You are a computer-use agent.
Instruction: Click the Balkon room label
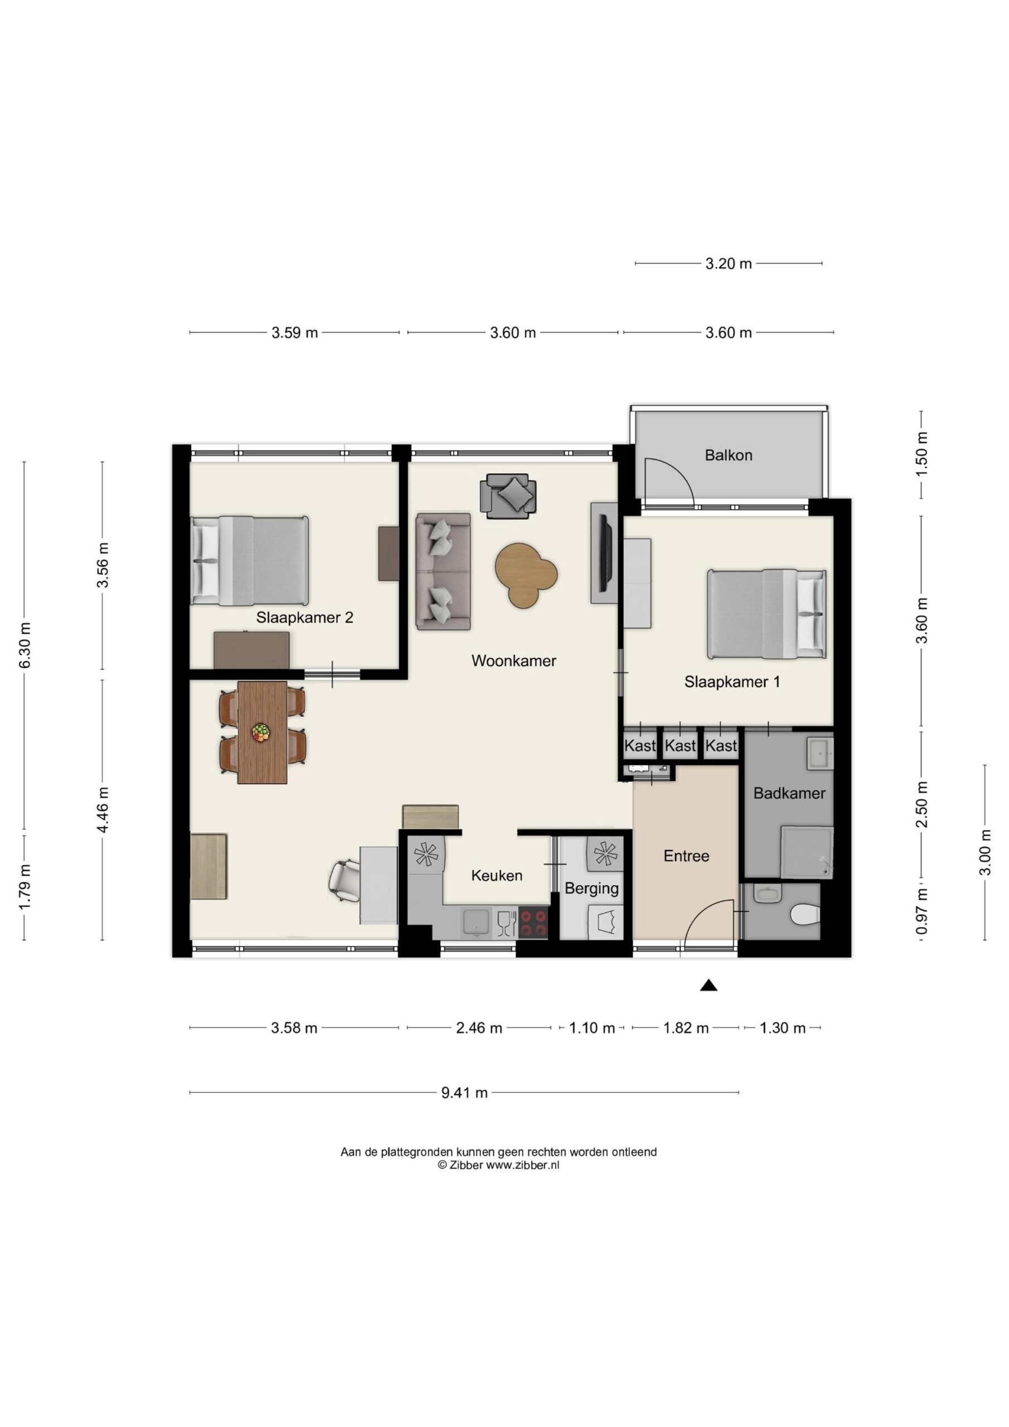(x=728, y=455)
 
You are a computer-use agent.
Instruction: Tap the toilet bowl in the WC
(x=804, y=914)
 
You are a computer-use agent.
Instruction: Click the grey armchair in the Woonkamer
(x=508, y=496)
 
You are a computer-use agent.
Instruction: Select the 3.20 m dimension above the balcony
(x=728, y=264)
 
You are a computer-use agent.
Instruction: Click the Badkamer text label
(x=789, y=793)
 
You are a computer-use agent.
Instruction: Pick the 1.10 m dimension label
(x=592, y=1028)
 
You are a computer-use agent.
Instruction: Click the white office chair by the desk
(x=345, y=881)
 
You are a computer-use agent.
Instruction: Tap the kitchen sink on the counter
(x=476, y=923)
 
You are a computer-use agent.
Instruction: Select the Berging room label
(x=592, y=889)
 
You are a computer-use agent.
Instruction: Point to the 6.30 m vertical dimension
(x=25, y=645)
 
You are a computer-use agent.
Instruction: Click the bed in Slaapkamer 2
(x=249, y=561)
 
